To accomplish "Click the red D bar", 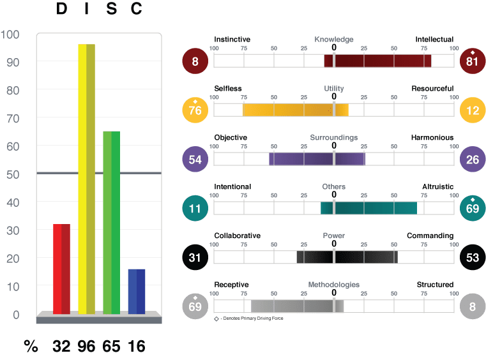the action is [62, 269].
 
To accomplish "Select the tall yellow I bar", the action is [86, 179].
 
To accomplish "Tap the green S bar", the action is [112, 223].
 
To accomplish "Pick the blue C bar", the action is [137, 292].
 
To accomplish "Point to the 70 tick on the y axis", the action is [13, 119].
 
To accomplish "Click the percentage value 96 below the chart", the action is [86, 347].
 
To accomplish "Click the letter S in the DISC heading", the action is [112, 8].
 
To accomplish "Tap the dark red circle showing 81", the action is [473, 61].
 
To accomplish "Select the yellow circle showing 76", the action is [195, 110].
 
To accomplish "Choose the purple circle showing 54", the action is [195, 159].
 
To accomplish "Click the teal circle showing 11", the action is [195, 208].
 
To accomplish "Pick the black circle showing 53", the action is [473, 257].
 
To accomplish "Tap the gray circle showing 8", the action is [473, 306].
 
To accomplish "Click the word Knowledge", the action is [334, 40].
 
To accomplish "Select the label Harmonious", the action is [432, 138].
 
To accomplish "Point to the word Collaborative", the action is [238, 236].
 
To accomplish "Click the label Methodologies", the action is [334, 285].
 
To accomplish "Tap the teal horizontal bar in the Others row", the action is [369, 208].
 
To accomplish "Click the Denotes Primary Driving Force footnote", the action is [248, 319].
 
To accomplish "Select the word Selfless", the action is [228, 89].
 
